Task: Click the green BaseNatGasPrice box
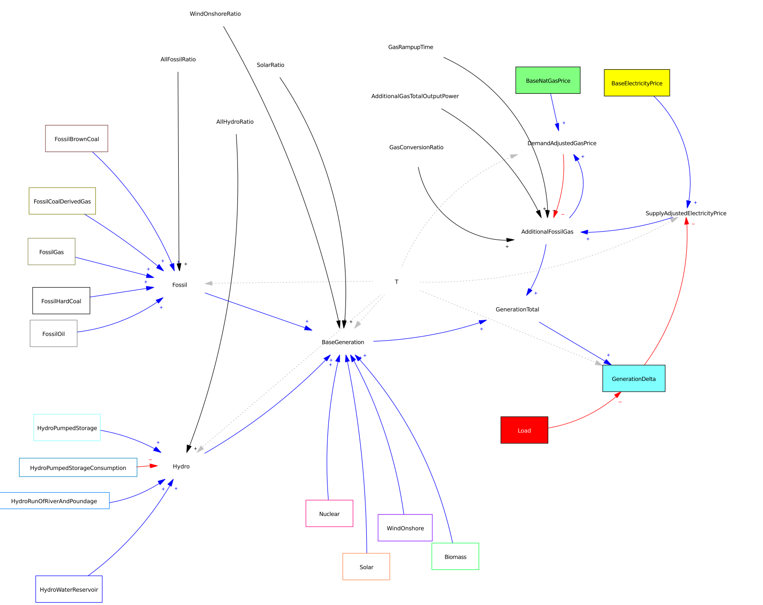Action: click(547, 80)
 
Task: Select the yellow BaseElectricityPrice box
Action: click(636, 83)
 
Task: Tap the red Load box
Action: click(524, 430)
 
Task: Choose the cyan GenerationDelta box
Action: click(634, 379)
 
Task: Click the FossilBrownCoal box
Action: click(76, 139)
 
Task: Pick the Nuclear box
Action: click(329, 514)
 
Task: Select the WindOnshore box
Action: click(405, 528)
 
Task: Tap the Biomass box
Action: click(455, 557)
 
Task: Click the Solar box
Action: click(366, 567)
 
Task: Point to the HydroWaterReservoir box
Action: click(69, 589)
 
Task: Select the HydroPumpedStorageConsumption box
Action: click(78, 468)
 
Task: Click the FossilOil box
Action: click(54, 334)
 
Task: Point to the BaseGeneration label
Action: click(343, 342)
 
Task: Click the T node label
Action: click(397, 282)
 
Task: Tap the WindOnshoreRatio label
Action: click(215, 14)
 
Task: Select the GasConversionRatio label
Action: click(416, 147)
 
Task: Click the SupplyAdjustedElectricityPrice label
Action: click(686, 213)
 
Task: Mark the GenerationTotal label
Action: click(517, 309)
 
